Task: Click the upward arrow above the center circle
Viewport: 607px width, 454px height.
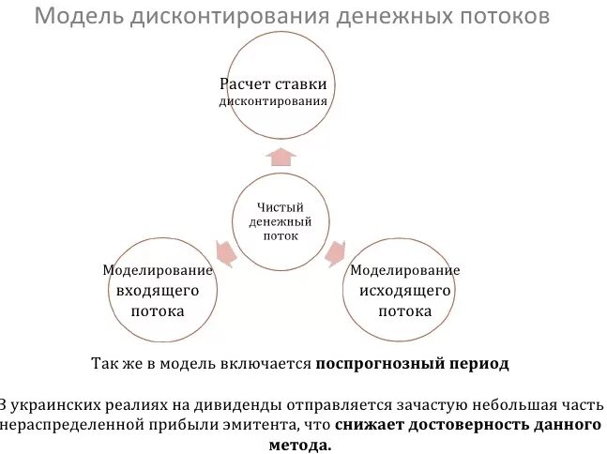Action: click(x=281, y=156)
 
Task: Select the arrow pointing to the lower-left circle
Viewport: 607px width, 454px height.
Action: click(x=224, y=251)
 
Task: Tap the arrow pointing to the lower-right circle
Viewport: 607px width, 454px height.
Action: click(x=334, y=251)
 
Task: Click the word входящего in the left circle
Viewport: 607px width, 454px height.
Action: click(x=157, y=291)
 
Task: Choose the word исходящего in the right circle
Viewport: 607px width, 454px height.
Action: click(x=405, y=291)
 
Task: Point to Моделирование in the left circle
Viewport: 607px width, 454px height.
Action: click(x=158, y=270)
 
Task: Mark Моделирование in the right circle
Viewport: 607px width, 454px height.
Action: click(x=405, y=270)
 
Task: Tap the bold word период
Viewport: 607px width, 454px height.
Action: click(x=478, y=363)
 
